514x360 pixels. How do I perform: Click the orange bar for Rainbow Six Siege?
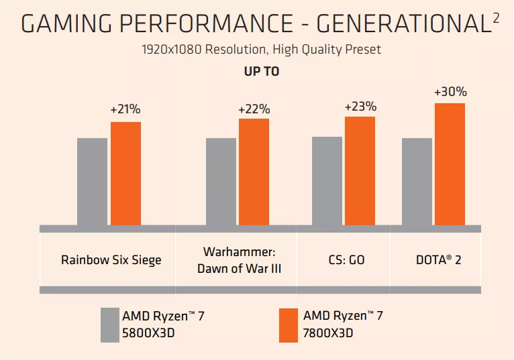125,174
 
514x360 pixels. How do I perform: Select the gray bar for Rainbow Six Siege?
92,182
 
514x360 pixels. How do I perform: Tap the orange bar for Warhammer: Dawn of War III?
254,172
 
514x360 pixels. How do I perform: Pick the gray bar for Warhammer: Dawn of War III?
221,182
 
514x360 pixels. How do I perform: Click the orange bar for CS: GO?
360,171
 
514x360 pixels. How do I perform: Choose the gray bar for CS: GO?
327,181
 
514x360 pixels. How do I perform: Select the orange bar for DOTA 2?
450,164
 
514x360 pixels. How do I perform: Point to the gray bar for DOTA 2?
417,182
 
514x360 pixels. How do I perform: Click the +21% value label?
125,109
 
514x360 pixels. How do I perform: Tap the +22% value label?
254,109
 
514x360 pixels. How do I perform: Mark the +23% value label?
360,107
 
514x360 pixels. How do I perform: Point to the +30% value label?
450,93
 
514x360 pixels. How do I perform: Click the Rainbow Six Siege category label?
111,259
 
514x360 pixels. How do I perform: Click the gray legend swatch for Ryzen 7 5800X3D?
110,324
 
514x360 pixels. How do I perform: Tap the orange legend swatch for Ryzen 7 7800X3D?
289,324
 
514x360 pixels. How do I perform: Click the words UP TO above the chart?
261,72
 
